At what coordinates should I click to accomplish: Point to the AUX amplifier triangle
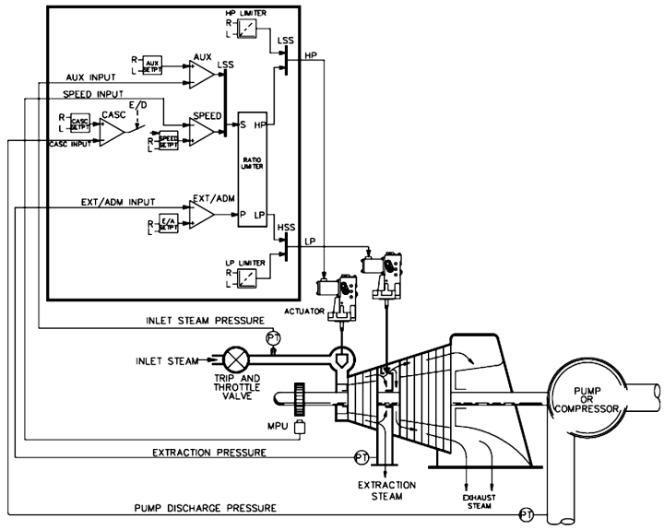point(200,69)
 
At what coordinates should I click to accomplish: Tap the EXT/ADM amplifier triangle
point(201,214)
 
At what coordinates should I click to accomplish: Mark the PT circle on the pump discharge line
point(526,513)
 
